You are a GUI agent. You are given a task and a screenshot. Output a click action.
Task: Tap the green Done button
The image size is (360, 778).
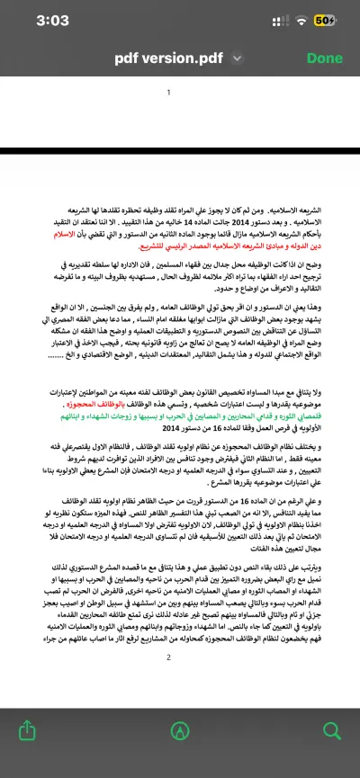click(x=324, y=58)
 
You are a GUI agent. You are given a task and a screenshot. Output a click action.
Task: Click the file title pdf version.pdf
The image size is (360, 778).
click(x=169, y=58)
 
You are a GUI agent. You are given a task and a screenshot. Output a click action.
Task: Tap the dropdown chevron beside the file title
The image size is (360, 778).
click(x=237, y=58)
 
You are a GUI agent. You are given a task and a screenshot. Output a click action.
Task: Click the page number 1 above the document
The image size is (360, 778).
click(x=168, y=93)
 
